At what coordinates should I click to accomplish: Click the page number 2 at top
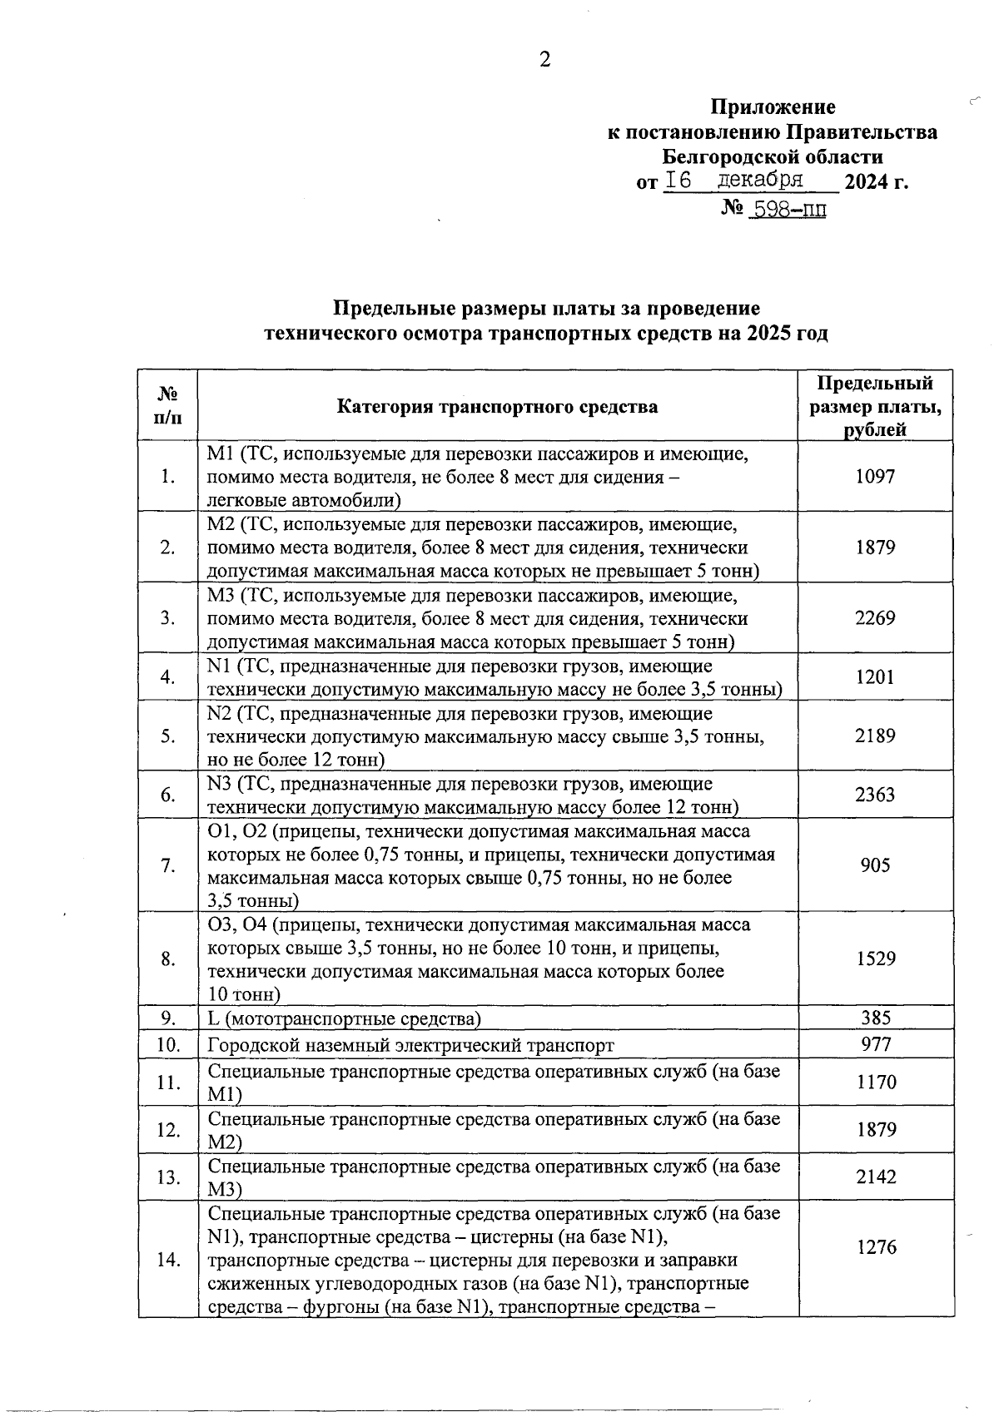tap(545, 60)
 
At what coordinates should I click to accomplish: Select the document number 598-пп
tap(787, 210)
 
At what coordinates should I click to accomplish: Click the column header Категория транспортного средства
tap(497, 406)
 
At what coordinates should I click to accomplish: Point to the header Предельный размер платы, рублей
tap(875, 406)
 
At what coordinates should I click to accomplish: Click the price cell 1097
tap(875, 476)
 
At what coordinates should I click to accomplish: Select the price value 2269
tap(875, 618)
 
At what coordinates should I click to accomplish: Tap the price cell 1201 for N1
tap(875, 677)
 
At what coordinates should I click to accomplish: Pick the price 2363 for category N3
tap(875, 795)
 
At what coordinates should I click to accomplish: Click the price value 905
tap(875, 865)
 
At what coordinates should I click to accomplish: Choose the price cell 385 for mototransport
tap(875, 1018)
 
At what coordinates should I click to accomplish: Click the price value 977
tap(875, 1044)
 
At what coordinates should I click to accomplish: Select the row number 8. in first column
tap(168, 959)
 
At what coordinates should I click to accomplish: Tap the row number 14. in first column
tap(168, 1260)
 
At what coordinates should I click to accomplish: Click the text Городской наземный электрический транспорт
tap(410, 1045)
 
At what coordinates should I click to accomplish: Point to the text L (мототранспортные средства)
tap(344, 1018)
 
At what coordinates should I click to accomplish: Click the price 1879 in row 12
tap(875, 1130)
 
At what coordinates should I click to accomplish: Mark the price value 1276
tap(875, 1247)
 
